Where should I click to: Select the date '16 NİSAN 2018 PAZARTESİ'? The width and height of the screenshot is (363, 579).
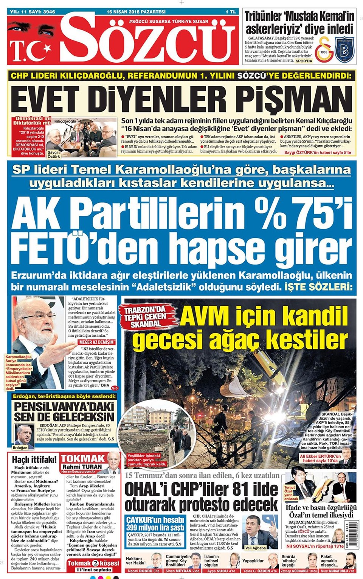click(x=136, y=12)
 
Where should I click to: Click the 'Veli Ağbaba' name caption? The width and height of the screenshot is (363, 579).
click(x=255, y=547)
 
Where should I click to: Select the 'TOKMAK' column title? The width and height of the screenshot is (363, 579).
click(x=83, y=459)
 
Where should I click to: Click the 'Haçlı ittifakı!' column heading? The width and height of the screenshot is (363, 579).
click(x=34, y=459)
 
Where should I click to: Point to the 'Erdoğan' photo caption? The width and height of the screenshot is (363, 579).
click(x=20, y=447)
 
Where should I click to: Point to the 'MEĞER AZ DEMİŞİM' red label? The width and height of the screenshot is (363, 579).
click(x=97, y=342)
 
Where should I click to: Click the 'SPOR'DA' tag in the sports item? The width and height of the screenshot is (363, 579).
click(x=304, y=61)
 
